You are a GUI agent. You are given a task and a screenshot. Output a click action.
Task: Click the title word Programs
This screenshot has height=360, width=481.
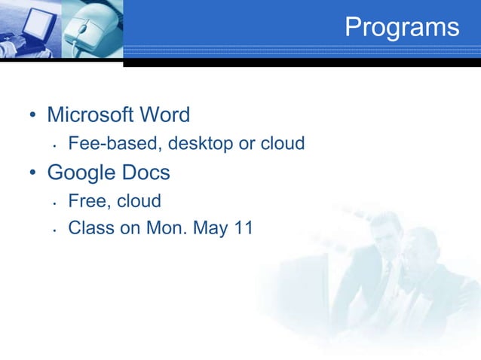402,27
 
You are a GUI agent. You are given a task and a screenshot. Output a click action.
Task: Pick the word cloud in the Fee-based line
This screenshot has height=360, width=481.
282,143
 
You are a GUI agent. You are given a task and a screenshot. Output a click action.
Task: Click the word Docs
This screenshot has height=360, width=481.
146,172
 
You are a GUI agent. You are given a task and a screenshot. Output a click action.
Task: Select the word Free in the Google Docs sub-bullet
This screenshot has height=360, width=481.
87,201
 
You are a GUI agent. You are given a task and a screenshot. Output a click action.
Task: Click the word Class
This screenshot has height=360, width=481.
90,228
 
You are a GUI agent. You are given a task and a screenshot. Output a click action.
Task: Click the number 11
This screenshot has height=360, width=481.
242,228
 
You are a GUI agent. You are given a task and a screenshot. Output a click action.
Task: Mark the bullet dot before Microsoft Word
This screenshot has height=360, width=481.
32,117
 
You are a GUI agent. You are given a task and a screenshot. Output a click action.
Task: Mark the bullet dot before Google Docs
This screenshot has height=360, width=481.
32,174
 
